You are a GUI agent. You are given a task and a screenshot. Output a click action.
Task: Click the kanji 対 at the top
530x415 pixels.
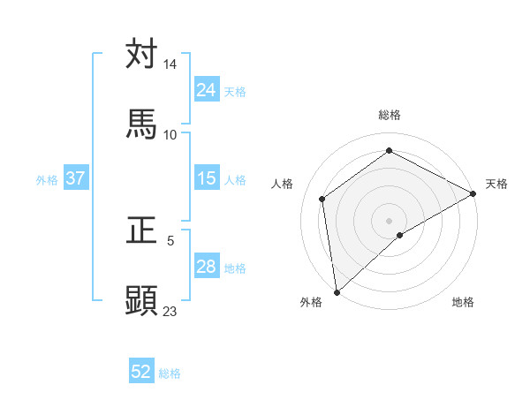(x=141, y=54)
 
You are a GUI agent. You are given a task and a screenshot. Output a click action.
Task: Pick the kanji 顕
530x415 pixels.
(x=141, y=300)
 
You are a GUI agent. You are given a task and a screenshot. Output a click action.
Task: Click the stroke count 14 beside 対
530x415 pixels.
(x=170, y=64)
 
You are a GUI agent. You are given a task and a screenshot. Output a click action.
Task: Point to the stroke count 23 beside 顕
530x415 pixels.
(x=170, y=311)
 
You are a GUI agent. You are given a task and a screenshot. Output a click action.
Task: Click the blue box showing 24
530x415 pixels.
(x=207, y=90)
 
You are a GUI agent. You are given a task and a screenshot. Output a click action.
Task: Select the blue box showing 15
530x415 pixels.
(x=207, y=178)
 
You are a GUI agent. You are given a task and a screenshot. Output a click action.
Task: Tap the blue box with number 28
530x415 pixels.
(x=207, y=267)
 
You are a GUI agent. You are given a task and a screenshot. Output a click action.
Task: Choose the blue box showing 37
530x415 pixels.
(x=76, y=178)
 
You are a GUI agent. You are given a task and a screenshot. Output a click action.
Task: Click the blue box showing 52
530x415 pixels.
(x=141, y=372)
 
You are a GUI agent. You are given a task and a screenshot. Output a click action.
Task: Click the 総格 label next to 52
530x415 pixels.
(x=170, y=373)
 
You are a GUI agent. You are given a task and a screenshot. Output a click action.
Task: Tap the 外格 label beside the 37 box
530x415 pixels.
(x=47, y=180)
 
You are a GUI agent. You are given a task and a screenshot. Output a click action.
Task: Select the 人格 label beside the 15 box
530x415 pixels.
(x=235, y=180)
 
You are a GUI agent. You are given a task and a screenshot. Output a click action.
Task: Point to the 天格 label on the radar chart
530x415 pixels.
(x=496, y=184)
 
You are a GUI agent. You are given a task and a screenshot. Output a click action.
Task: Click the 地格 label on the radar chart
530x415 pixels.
(x=463, y=302)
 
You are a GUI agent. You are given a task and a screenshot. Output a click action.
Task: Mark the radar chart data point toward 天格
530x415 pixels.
(x=473, y=193)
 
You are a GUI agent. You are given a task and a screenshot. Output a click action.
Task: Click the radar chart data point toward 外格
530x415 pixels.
(x=337, y=291)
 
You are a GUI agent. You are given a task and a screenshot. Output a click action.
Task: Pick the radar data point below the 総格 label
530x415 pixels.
(x=389, y=151)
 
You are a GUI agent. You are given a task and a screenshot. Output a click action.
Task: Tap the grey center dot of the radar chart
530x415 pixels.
(x=389, y=220)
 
